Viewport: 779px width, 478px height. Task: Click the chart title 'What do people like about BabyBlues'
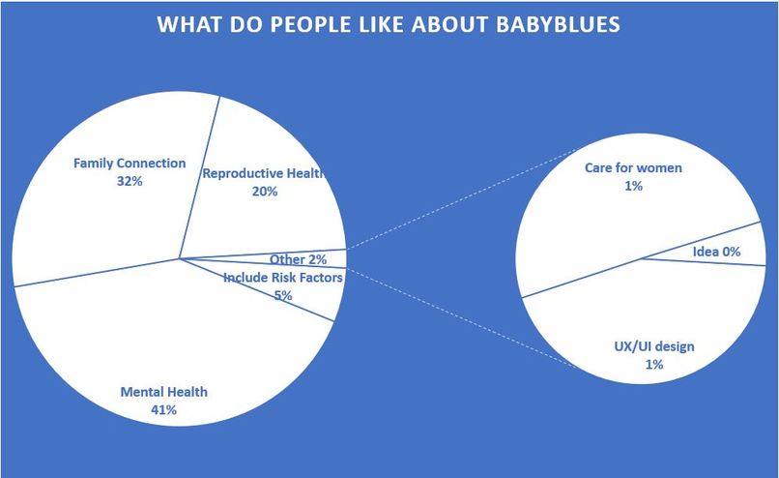389,24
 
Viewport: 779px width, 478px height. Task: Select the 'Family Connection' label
130,163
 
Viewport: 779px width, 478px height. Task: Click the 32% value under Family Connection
129,181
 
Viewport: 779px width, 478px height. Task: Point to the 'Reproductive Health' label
262,173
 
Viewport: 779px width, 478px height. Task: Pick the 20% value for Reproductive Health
264,192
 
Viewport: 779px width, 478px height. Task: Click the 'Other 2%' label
298,259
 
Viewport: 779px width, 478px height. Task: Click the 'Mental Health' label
163,392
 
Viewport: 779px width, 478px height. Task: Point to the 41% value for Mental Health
162,410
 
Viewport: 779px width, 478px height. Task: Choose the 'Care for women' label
633,167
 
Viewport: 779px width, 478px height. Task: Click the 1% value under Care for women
633,186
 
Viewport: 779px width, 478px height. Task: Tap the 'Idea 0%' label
716,252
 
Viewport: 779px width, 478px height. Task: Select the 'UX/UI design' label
654,346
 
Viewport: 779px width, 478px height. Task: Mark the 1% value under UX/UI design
654,365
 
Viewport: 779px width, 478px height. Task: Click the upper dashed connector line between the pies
464,199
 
